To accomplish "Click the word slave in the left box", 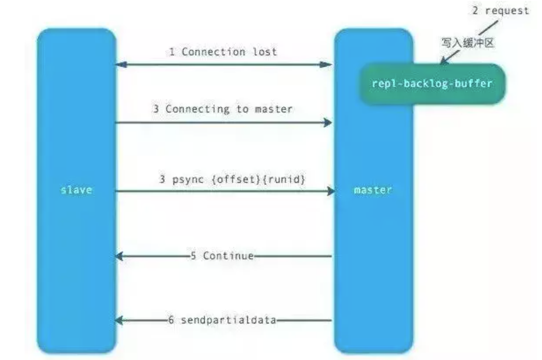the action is (x=76, y=190).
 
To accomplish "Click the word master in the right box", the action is (x=373, y=190).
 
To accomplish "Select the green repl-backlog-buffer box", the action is (x=433, y=84).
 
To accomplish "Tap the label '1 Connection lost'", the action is (x=223, y=52).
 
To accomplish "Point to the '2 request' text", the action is (x=501, y=11).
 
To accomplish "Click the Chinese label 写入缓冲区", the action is (x=467, y=43).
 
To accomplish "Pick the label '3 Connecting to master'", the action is (x=223, y=109).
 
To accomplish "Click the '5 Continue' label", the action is (x=222, y=256).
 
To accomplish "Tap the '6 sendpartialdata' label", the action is (x=222, y=320).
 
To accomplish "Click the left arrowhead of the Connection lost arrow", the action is (x=120, y=65).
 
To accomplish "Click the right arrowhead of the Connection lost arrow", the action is (x=326, y=65).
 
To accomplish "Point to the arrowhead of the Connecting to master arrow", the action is (x=328, y=123).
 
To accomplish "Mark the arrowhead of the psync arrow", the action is (x=331, y=191).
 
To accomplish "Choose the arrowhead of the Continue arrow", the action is (x=119, y=256).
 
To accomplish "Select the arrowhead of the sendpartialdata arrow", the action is (x=119, y=320).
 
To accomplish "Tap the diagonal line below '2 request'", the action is (x=488, y=28).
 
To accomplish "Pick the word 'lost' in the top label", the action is (x=265, y=52).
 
